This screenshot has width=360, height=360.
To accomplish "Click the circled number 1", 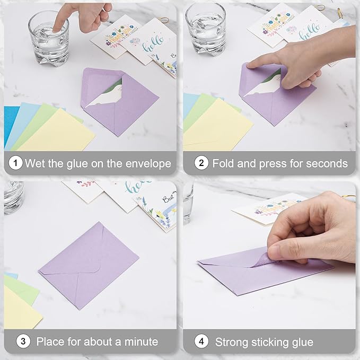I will pyautogui.click(x=16, y=163).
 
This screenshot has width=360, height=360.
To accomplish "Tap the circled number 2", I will pyautogui.click(x=201, y=163).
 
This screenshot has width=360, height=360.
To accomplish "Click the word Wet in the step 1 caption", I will pyautogui.click(x=34, y=163).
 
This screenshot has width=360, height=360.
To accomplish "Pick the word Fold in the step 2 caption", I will pyautogui.click(x=223, y=163).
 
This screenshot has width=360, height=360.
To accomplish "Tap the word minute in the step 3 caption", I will pyautogui.click(x=140, y=341).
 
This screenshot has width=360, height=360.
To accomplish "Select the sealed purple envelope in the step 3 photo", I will pyautogui.click(x=89, y=265).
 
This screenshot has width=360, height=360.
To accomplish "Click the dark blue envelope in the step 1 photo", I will pyautogui.click(x=10, y=125).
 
